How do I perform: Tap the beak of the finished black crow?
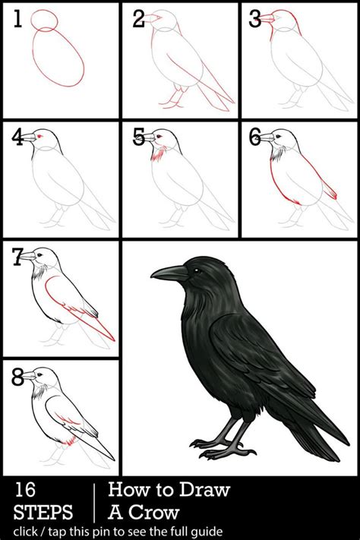(169, 273)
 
